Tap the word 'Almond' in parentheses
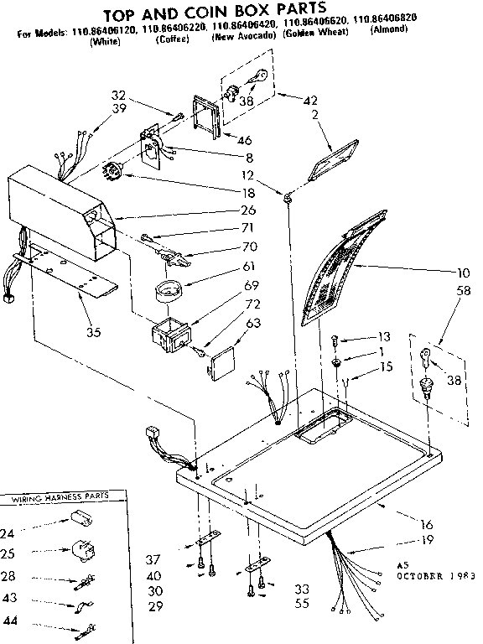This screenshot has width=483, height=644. [x=388, y=29]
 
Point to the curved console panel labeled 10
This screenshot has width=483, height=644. [x=335, y=268]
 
